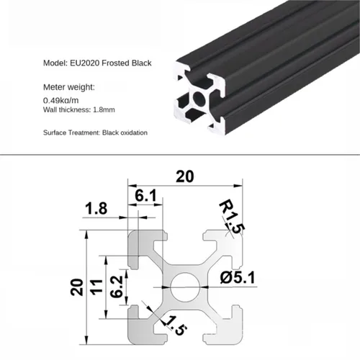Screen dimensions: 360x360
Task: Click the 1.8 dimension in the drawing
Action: [x=98, y=210]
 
